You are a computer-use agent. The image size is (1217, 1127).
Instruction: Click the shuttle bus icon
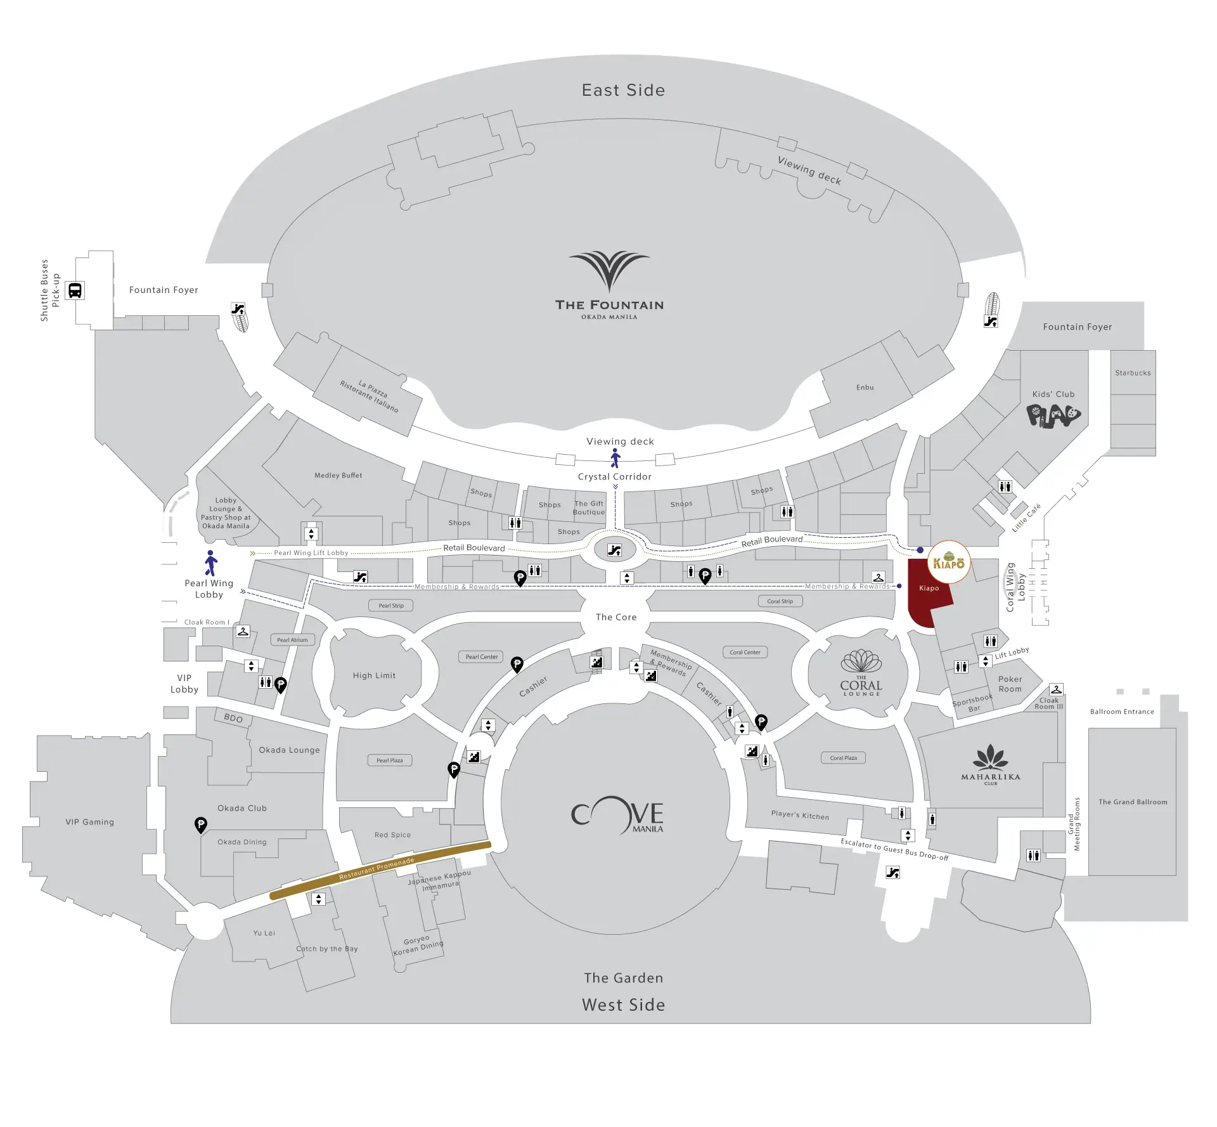click(x=75, y=290)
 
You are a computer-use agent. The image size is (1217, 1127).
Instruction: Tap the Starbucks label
click(x=1133, y=373)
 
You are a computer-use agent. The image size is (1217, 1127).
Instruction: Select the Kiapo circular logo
click(x=948, y=562)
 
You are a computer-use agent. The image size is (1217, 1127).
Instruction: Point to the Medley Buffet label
click(x=338, y=475)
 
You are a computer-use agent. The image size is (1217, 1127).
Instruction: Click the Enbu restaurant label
click(x=865, y=388)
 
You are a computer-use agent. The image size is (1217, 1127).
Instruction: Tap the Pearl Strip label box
click(x=391, y=606)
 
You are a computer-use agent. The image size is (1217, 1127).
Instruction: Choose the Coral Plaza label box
click(x=843, y=758)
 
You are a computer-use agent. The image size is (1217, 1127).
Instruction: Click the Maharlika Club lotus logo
click(x=991, y=757)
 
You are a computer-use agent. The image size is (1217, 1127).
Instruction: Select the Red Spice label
click(x=392, y=835)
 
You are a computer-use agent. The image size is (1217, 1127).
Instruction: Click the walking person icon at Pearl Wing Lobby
click(x=211, y=563)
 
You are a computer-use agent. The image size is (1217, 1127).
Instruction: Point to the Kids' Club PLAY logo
click(x=1053, y=416)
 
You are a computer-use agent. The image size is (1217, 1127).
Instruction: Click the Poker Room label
click(x=1010, y=684)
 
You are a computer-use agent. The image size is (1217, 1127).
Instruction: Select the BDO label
click(x=233, y=718)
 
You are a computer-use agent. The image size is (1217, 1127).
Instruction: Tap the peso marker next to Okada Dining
click(x=201, y=824)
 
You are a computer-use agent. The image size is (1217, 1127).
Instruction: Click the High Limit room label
click(x=374, y=675)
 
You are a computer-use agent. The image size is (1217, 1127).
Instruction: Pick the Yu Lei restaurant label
click(x=264, y=933)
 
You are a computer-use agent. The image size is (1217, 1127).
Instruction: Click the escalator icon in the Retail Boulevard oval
click(x=614, y=550)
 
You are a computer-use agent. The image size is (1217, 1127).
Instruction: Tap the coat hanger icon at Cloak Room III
click(x=1056, y=689)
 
